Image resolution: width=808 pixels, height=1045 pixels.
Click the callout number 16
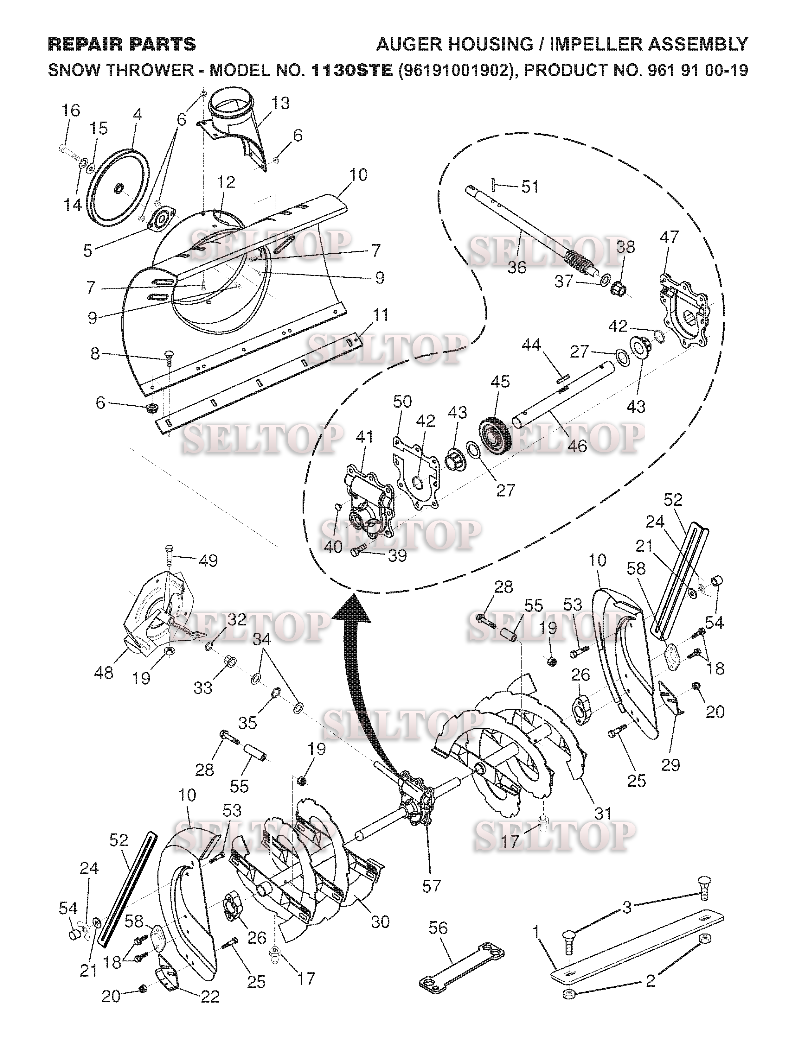[x=71, y=111]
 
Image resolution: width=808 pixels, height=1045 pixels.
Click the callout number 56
[x=438, y=928]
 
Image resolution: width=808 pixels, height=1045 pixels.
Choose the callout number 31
[x=603, y=813]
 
